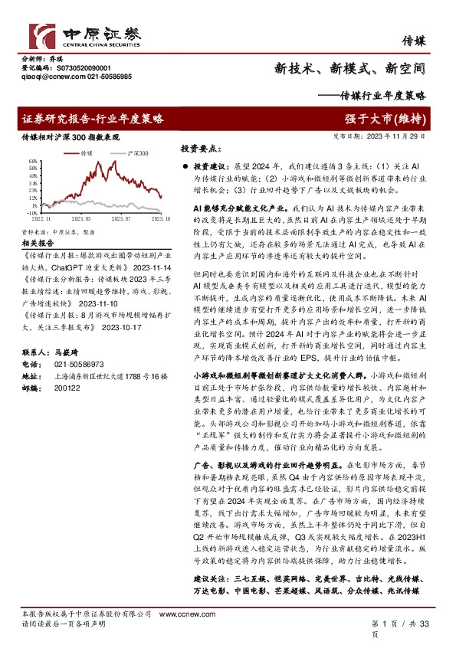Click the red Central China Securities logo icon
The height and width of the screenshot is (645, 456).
click(x=41, y=35)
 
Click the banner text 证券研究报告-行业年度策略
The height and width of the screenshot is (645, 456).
click(x=93, y=119)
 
